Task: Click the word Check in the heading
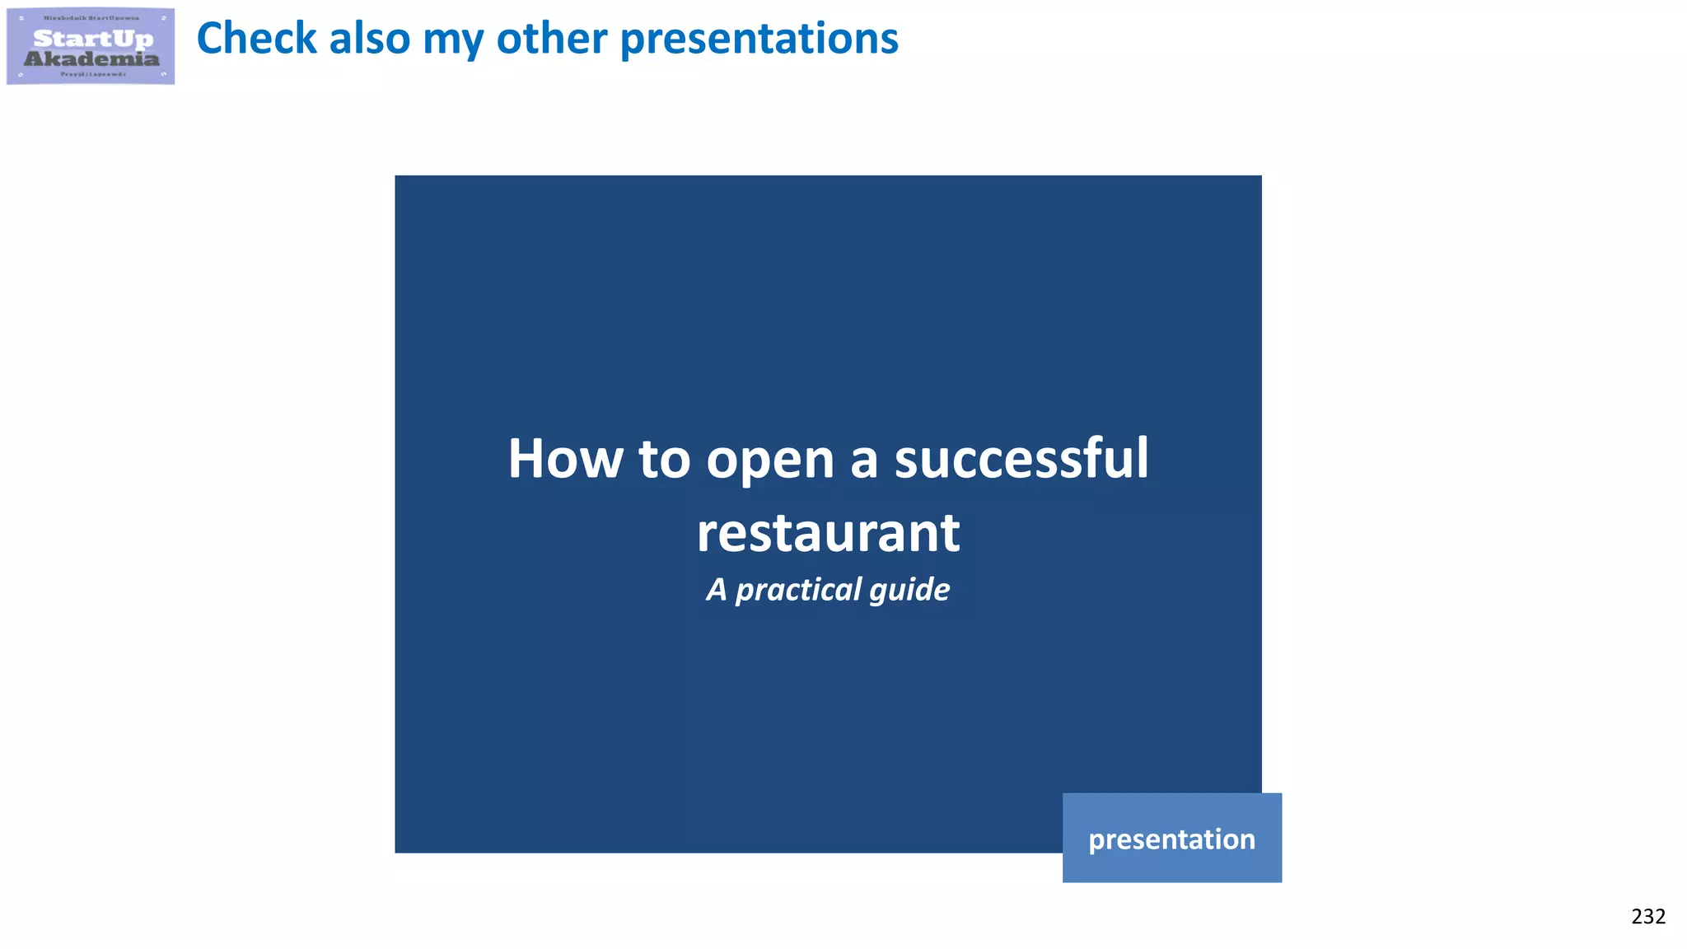coord(256,39)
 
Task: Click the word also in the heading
coord(369,39)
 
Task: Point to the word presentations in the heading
coord(759,40)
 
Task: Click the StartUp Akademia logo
coord(91,46)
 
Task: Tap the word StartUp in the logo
coord(93,38)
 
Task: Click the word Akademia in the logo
coord(91,58)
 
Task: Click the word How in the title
coord(565,459)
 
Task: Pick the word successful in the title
coord(1021,459)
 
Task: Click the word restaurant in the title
coord(828,533)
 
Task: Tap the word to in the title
coord(664,460)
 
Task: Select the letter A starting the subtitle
coord(717,590)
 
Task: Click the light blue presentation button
coord(1171,838)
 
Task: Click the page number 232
coord(1647,916)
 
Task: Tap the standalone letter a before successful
coord(863,461)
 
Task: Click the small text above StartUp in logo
coord(91,18)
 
